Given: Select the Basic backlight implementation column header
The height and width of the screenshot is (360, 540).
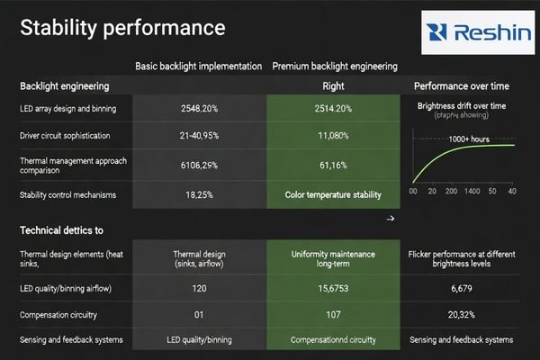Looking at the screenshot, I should [x=198, y=67].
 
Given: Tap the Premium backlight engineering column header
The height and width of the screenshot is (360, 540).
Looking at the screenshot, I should [x=334, y=67].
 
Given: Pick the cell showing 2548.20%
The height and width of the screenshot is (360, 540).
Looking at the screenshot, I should [x=198, y=109].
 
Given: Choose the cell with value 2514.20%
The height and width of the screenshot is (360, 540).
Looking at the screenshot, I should [x=334, y=109].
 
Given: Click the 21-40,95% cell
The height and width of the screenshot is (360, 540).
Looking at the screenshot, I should [x=198, y=137].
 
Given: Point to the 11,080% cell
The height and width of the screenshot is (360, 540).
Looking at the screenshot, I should [x=334, y=137].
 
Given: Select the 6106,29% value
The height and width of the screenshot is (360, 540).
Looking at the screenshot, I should [x=198, y=166].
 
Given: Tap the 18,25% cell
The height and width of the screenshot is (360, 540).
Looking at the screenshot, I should [x=198, y=194].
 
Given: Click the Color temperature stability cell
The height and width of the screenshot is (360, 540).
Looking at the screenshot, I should [x=334, y=194].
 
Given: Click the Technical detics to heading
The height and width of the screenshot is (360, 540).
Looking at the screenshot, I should [x=62, y=231].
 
